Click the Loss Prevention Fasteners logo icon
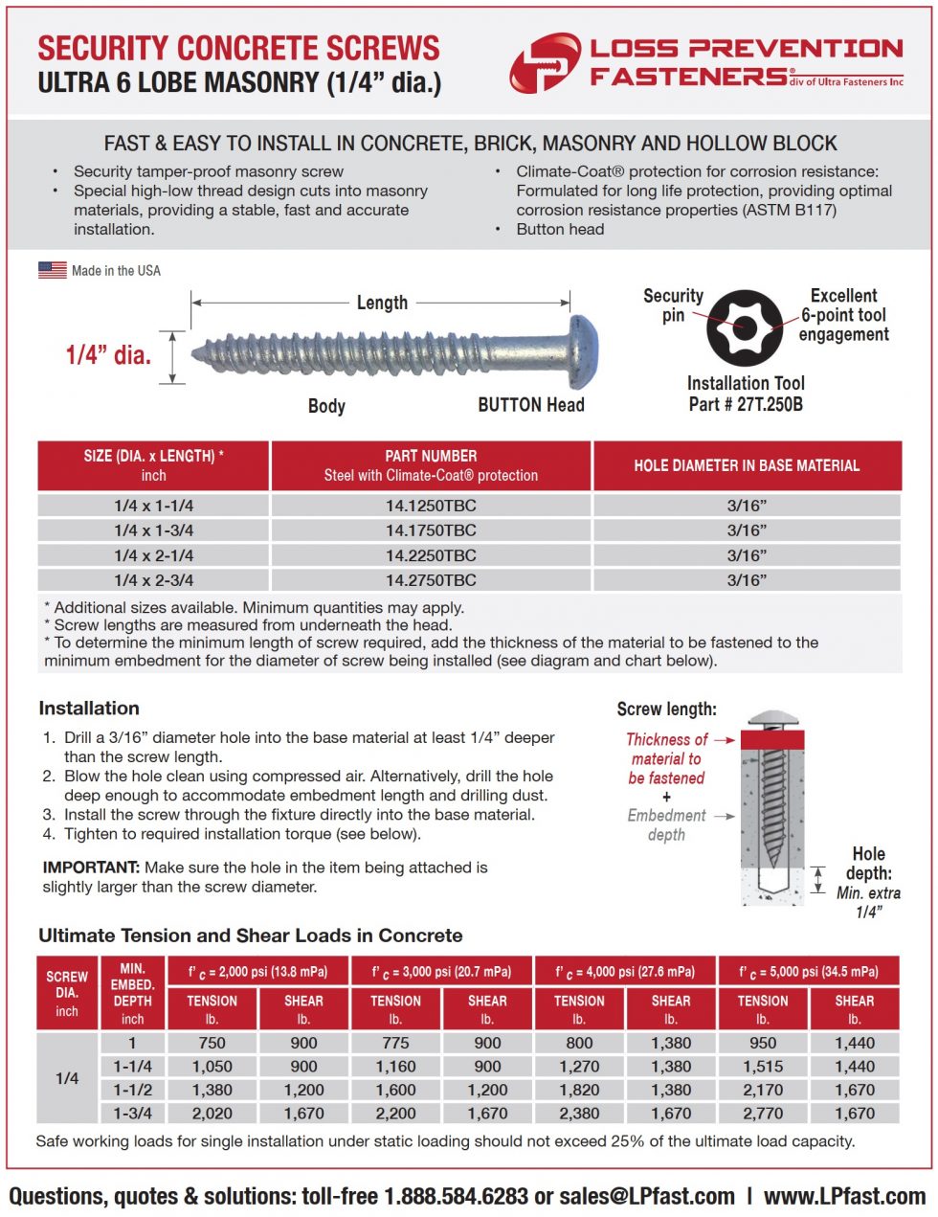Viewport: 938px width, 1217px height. click(x=545, y=63)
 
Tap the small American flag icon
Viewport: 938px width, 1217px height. click(x=52, y=270)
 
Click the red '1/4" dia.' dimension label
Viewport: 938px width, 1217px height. click(x=108, y=355)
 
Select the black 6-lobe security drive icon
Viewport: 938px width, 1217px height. click(x=745, y=327)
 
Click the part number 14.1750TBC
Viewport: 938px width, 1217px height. click(x=431, y=530)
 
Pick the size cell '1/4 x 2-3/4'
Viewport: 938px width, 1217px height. click(x=153, y=580)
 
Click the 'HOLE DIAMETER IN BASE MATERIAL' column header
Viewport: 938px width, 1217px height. click(x=747, y=465)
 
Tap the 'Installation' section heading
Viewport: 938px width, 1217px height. click(x=89, y=709)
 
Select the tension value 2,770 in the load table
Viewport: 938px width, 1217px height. click(x=763, y=1114)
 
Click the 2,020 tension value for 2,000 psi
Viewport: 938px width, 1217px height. click(x=212, y=1114)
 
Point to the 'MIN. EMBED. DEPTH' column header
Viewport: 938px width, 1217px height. click(x=133, y=994)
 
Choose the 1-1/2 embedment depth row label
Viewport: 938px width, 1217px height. click(x=133, y=1090)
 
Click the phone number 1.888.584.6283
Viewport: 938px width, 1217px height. click(x=456, y=1197)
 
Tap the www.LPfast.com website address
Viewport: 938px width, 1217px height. click(x=844, y=1197)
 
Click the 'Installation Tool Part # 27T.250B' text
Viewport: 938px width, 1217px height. click(x=746, y=394)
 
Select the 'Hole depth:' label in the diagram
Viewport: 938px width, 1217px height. click(x=868, y=864)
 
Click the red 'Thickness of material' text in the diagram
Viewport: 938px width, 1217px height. click(x=666, y=758)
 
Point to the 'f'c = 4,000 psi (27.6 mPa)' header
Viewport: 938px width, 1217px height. click(x=625, y=971)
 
